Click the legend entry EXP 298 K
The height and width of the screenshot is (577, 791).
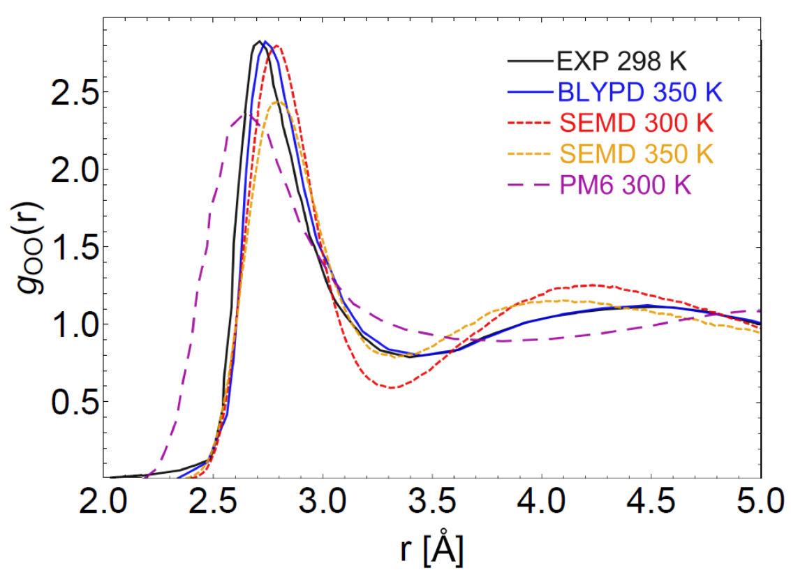click(x=621, y=61)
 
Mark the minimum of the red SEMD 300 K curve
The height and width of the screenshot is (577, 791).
click(x=393, y=387)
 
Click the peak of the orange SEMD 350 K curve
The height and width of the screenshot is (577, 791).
click(x=279, y=102)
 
